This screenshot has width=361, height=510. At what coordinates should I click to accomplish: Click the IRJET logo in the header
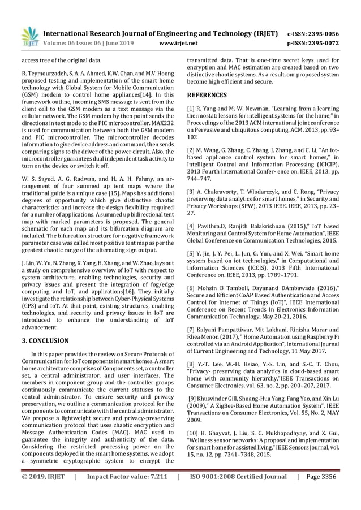pos(29,35)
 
